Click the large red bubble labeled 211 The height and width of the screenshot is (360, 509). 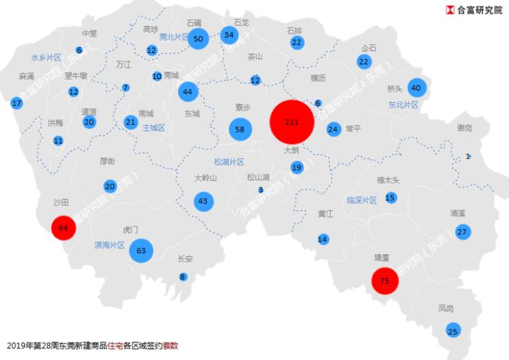click(292, 122)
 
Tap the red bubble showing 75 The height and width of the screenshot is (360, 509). click(385, 280)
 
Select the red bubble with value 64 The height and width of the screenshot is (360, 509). click(63, 227)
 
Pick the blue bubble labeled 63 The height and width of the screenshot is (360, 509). click(142, 251)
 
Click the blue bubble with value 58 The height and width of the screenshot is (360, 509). click(239, 129)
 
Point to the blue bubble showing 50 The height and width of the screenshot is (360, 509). click(198, 39)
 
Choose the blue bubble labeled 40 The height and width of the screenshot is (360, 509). click(415, 87)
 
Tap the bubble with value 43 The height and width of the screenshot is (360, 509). click(202, 201)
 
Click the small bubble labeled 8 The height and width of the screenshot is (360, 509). click(182, 277)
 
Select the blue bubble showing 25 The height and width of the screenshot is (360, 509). click(452, 332)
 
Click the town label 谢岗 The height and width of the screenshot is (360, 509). click(464, 128)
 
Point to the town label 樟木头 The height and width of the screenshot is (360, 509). click(388, 180)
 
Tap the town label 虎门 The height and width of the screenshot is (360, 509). click(131, 229)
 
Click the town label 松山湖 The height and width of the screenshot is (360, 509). click(258, 177)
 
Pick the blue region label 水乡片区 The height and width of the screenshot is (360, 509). click(46, 57)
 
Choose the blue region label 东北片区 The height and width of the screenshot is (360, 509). click(403, 105)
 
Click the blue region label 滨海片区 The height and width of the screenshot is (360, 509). click(109, 245)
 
